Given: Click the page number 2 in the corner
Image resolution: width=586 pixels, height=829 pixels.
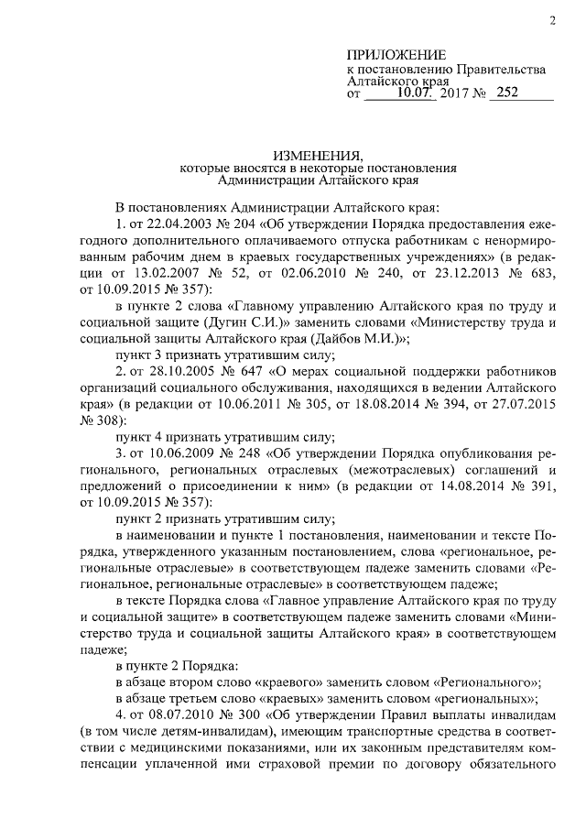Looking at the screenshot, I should click(552, 21).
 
